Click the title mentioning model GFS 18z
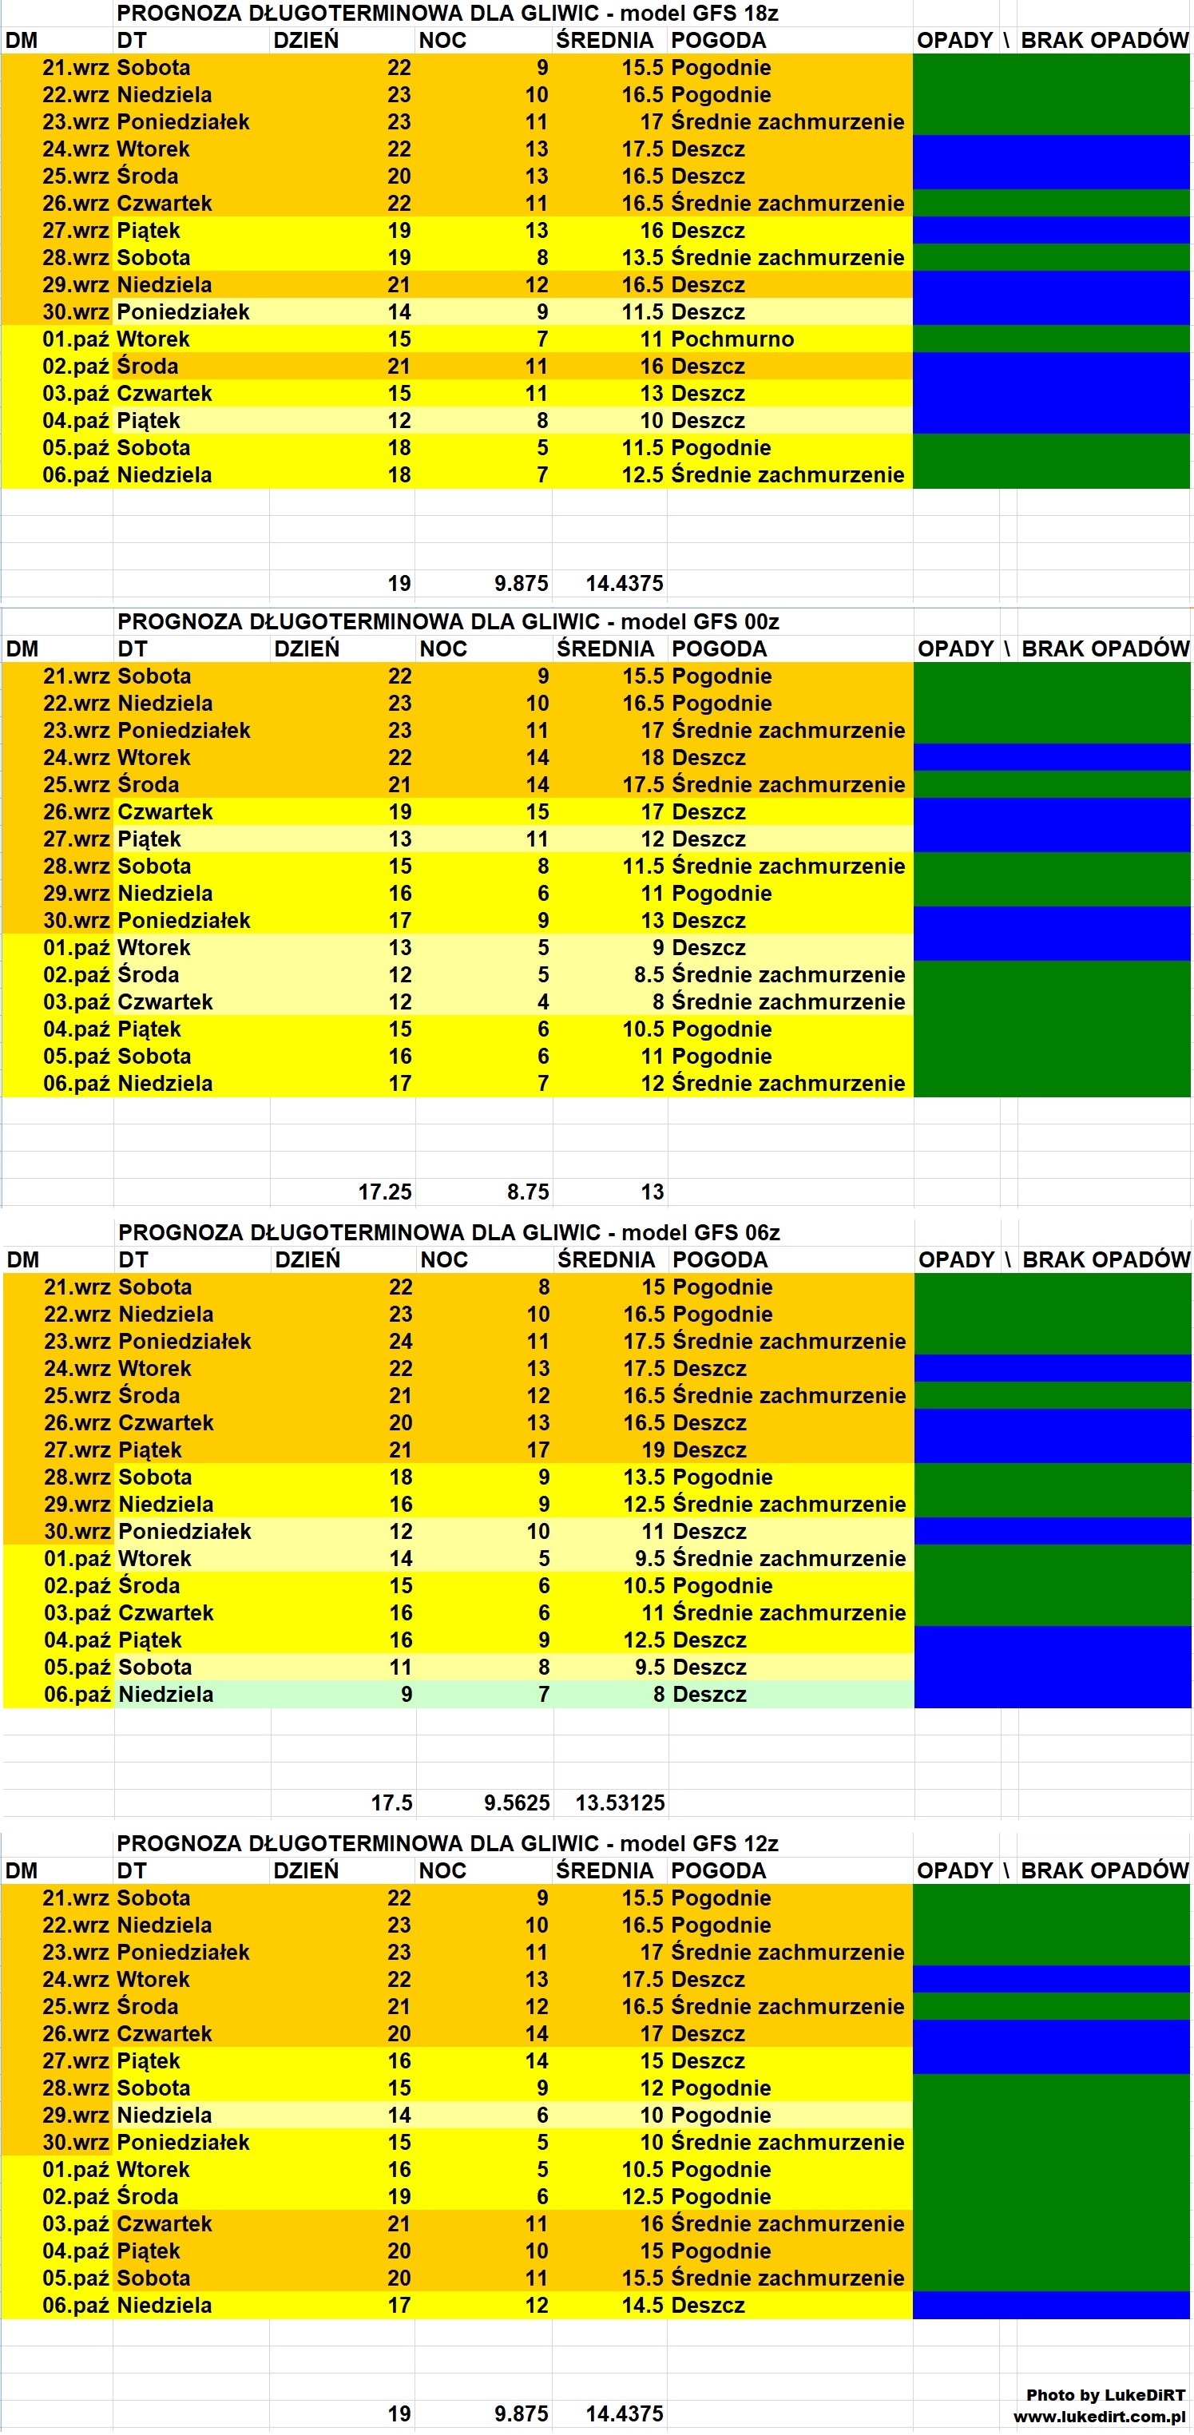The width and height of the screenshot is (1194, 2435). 447,14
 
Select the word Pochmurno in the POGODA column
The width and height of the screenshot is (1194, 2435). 732,339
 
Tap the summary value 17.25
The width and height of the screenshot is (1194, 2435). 385,1192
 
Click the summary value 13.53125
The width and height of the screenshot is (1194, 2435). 621,1802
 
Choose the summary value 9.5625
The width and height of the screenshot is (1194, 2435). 516,1802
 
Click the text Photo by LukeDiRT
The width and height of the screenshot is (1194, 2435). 1105,2394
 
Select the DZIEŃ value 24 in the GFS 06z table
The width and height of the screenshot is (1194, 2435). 401,1342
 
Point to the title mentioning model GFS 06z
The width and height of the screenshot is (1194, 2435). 449,1232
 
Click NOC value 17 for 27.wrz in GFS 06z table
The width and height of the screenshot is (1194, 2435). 538,1450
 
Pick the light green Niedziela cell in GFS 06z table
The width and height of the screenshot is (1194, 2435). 166,1694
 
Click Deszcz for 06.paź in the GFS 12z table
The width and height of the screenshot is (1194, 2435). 708,2306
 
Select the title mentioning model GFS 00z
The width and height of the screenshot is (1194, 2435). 448,622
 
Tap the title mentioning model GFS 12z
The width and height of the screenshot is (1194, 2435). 447,1843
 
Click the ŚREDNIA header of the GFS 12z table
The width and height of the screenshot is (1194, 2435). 605,1870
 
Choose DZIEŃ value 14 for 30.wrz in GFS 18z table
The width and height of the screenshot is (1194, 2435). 399,312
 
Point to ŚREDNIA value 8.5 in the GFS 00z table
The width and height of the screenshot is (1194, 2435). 649,974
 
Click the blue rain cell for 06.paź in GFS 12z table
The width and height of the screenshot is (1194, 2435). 1050,2306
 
